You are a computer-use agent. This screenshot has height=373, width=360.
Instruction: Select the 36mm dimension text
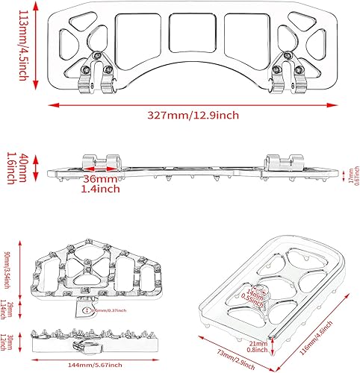(99, 180)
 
